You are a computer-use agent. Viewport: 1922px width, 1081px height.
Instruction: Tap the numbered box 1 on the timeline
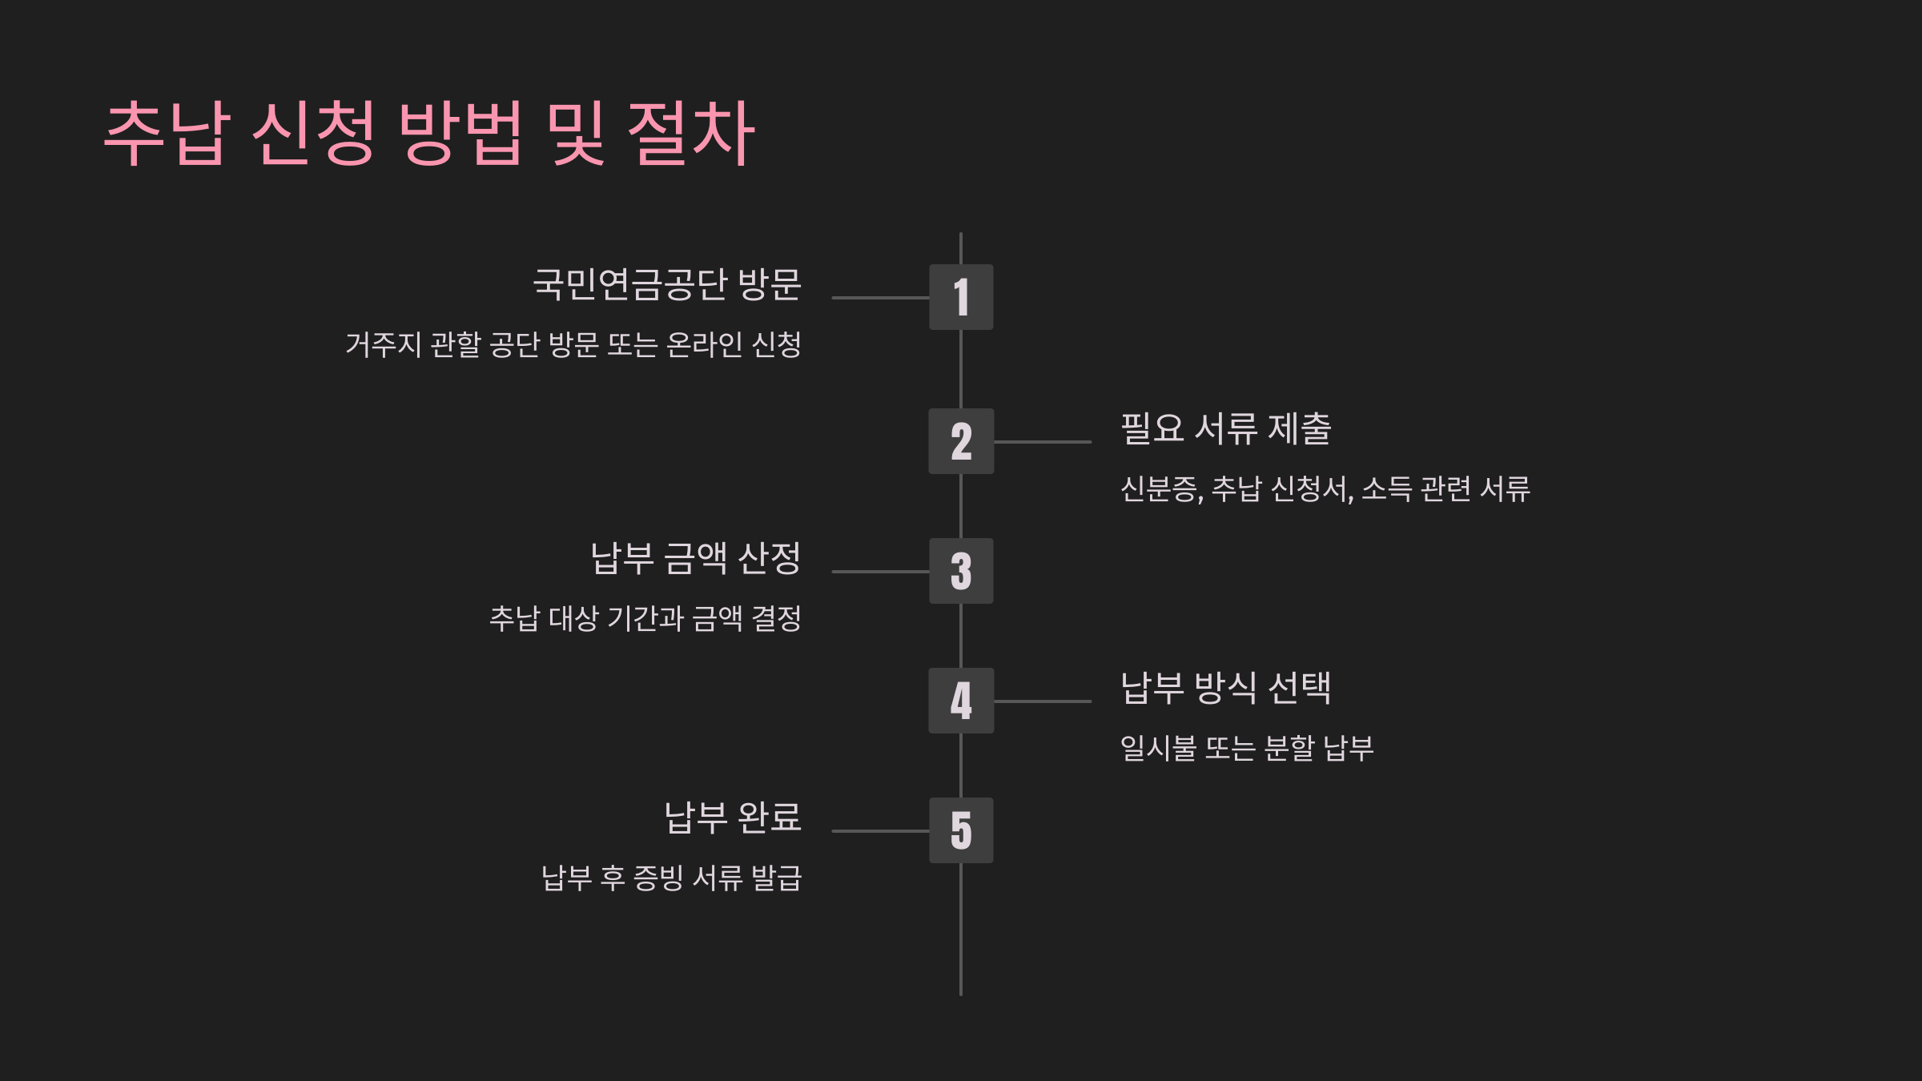pyautogui.click(x=961, y=297)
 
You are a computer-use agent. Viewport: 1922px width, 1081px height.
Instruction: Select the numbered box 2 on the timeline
pyautogui.click(x=961, y=441)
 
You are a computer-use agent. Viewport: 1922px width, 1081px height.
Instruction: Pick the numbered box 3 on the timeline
pyautogui.click(x=961, y=571)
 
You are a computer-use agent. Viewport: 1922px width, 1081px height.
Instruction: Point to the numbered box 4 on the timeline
pyautogui.click(x=961, y=701)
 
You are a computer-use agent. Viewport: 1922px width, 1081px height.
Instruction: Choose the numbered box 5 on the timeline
pyautogui.click(x=961, y=830)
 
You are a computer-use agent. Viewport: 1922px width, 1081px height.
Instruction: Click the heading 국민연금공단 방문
pyautogui.click(x=667, y=284)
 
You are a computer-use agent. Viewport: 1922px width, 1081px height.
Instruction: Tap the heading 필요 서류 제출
pyautogui.click(x=1225, y=428)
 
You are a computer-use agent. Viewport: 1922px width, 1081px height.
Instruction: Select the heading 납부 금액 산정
pyautogui.click(x=695, y=558)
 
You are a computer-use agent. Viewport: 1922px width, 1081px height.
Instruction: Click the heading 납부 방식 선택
pyautogui.click(x=1225, y=688)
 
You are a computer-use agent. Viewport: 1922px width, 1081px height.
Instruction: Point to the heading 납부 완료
pyautogui.click(x=733, y=818)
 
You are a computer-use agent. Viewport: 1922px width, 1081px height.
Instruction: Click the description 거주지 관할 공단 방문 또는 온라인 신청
pyautogui.click(x=573, y=345)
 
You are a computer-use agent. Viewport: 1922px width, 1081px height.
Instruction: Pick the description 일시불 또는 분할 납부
pyautogui.click(x=1247, y=749)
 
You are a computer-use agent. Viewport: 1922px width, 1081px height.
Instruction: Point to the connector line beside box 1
pyautogui.click(x=880, y=298)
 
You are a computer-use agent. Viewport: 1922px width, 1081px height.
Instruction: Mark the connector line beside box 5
pyautogui.click(x=880, y=831)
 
